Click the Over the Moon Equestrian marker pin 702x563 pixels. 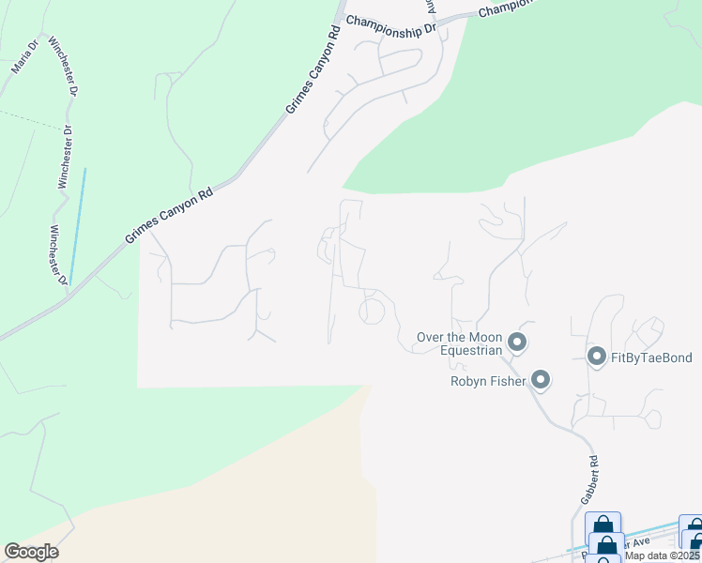click(516, 341)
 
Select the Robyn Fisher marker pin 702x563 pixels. click(540, 380)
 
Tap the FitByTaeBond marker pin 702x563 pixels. click(595, 356)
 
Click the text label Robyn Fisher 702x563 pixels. click(488, 381)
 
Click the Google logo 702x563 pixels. click(31, 552)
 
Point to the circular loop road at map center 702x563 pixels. click(372, 311)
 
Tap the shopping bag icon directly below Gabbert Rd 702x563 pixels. click(602, 525)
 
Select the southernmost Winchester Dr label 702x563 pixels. click(59, 253)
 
